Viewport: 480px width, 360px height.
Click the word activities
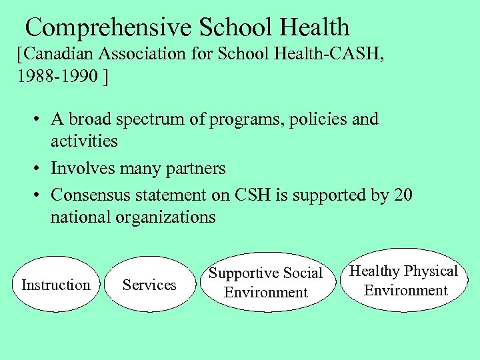click(x=84, y=141)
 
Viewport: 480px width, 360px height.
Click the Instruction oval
click(x=56, y=285)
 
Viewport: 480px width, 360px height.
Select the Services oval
click(x=149, y=285)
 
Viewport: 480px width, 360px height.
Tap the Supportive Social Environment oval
click(x=265, y=283)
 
